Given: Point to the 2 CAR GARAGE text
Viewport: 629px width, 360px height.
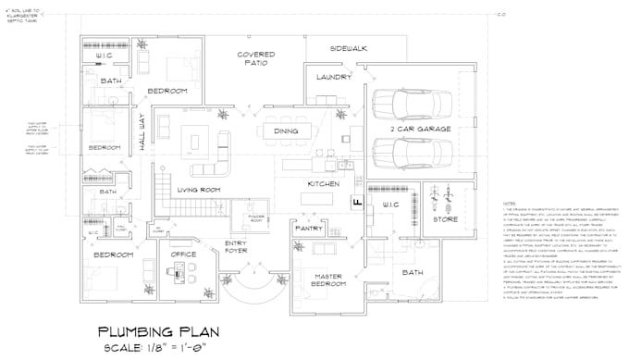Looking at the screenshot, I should click(x=421, y=129).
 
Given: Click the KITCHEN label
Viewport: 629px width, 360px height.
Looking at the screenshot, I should click(x=317, y=185).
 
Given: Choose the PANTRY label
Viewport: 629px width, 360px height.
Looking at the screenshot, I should click(x=310, y=227).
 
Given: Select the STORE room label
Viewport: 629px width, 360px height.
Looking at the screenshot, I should click(x=445, y=219).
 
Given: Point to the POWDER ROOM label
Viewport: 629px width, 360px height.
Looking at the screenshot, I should click(x=256, y=218).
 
